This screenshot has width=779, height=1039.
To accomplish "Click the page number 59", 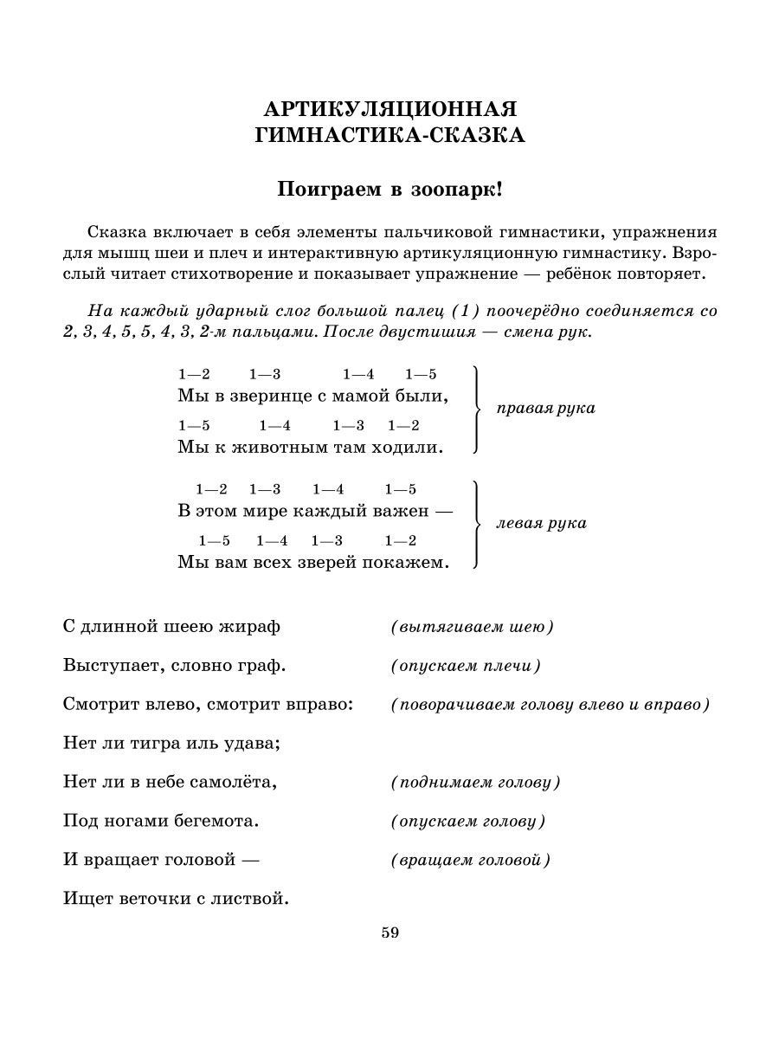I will point(389,933).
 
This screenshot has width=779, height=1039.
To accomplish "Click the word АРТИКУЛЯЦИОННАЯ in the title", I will point(389,110).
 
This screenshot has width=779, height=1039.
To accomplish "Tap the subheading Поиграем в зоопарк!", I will point(389,190).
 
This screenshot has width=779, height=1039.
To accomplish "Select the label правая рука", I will point(545,408).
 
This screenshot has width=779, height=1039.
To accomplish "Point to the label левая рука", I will point(541,523).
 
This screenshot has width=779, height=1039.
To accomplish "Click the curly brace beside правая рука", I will point(475,409).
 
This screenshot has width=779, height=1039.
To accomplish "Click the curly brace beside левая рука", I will point(475,524).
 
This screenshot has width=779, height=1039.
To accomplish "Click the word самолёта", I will point(236,782).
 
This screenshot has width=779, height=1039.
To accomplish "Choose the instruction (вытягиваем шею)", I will point(472,627).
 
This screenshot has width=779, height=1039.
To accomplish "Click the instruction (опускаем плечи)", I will point(465,666).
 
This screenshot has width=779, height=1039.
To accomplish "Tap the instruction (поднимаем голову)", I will point(475,783).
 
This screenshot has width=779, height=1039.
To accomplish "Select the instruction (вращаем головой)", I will point(471,861).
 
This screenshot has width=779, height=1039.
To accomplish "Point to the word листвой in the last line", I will point(255,900).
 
